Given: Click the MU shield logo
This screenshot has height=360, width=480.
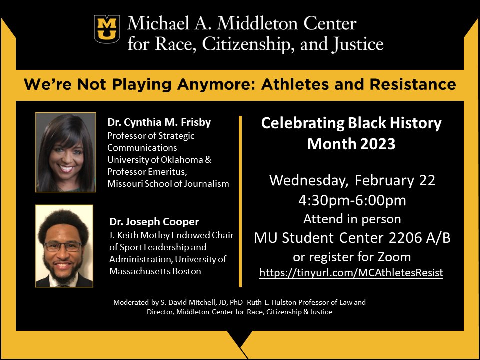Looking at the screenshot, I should pos(107,29).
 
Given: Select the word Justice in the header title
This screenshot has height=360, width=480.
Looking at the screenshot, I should pos(356,45).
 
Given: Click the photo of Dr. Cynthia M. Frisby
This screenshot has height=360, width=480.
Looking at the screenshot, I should pos(65,152).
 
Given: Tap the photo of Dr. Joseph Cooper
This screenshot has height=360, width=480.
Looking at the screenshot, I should pos(64,246).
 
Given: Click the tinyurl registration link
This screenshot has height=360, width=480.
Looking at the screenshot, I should pos(351,273).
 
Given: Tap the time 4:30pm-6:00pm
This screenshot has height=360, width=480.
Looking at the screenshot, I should pos(352,201).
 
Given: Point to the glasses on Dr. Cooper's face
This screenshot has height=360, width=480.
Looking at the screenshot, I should pos(63,246).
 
